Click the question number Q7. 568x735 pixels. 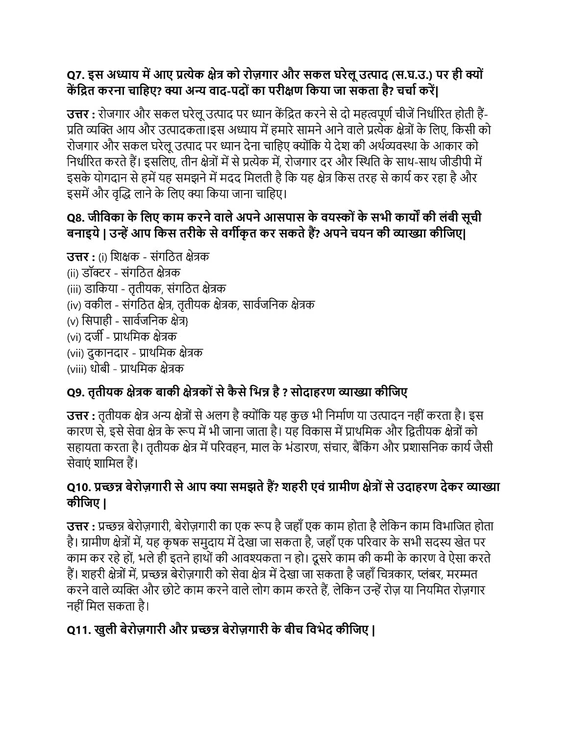76,75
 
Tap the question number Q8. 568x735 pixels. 76,218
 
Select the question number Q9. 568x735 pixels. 76,392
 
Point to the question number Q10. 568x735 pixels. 79,487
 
